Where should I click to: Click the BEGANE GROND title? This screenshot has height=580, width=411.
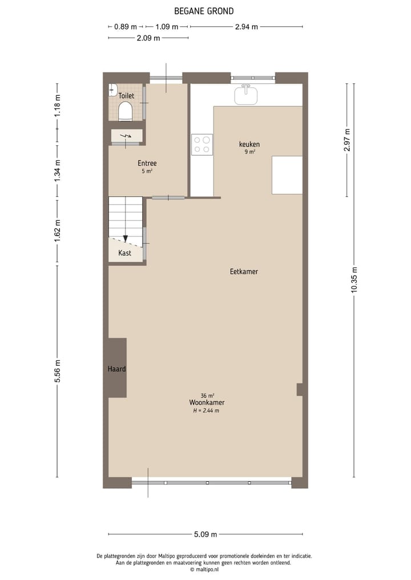click(x=204, y=11)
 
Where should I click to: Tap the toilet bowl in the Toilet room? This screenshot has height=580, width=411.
click(x=126, y=111)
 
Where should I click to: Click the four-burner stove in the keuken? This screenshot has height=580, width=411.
click(x=202, y=144)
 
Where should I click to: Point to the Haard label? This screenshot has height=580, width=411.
click(x=116, y=369)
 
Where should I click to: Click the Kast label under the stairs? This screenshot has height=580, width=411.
click(x=124, y=253)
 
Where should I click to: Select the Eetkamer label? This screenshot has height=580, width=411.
click(x=244, y=271)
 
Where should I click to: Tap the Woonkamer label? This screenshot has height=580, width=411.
click(x=207, y=403)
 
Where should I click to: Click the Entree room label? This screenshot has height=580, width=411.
click(x=147, y=163)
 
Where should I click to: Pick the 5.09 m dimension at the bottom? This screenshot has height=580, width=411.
click(x=205, y=534)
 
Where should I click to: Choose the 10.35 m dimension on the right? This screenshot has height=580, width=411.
click(x=354, y=280)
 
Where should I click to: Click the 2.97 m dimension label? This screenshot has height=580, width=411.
click(x=347, y=140)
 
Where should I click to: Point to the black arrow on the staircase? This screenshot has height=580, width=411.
click(x=126, y=238)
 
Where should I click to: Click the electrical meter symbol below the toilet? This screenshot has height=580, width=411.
click(x=127, y=136)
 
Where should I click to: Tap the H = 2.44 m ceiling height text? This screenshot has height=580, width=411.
click(x=206, y=410)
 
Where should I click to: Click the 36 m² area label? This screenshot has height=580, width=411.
click(x=207, y=395)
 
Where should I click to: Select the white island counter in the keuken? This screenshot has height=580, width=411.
click(x=287, y=175)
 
